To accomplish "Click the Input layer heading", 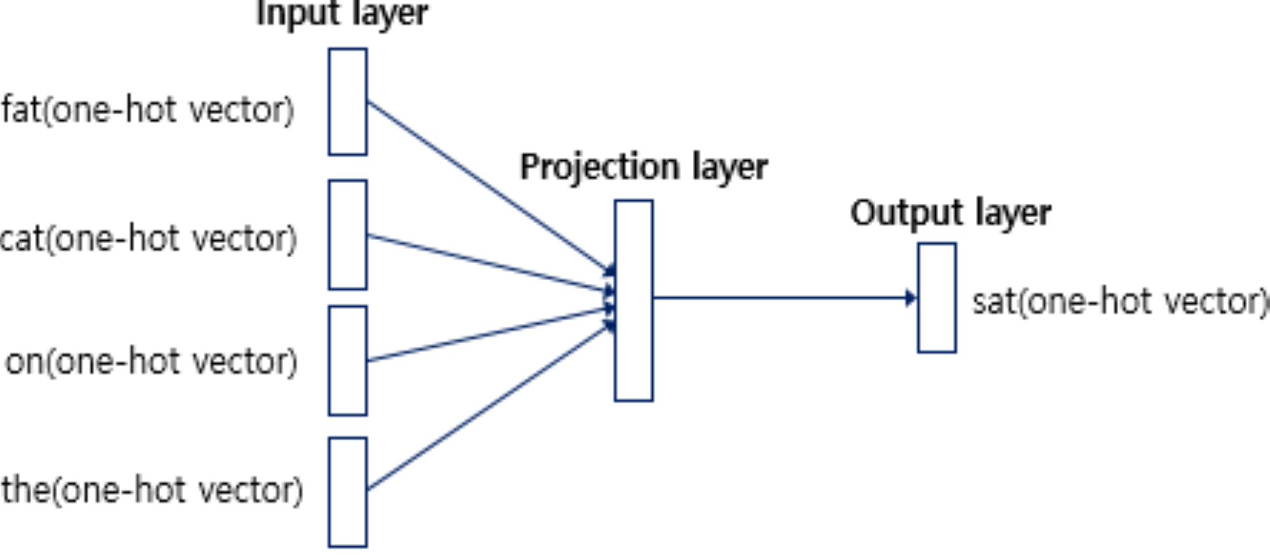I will [342, 14].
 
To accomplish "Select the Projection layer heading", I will [643, 168].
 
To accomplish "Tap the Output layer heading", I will [950, 213].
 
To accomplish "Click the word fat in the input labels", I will [21, 110].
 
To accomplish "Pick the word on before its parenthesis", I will [25, 363].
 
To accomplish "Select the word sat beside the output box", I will [993, 302].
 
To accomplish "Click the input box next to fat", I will [347, 102].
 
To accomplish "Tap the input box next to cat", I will [347, 234].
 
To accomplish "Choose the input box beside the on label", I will [347, 361].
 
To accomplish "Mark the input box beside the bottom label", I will [347, 492].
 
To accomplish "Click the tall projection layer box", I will [633, 300].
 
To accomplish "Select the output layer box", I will [937, 297].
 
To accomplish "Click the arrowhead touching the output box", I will [911, 298].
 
